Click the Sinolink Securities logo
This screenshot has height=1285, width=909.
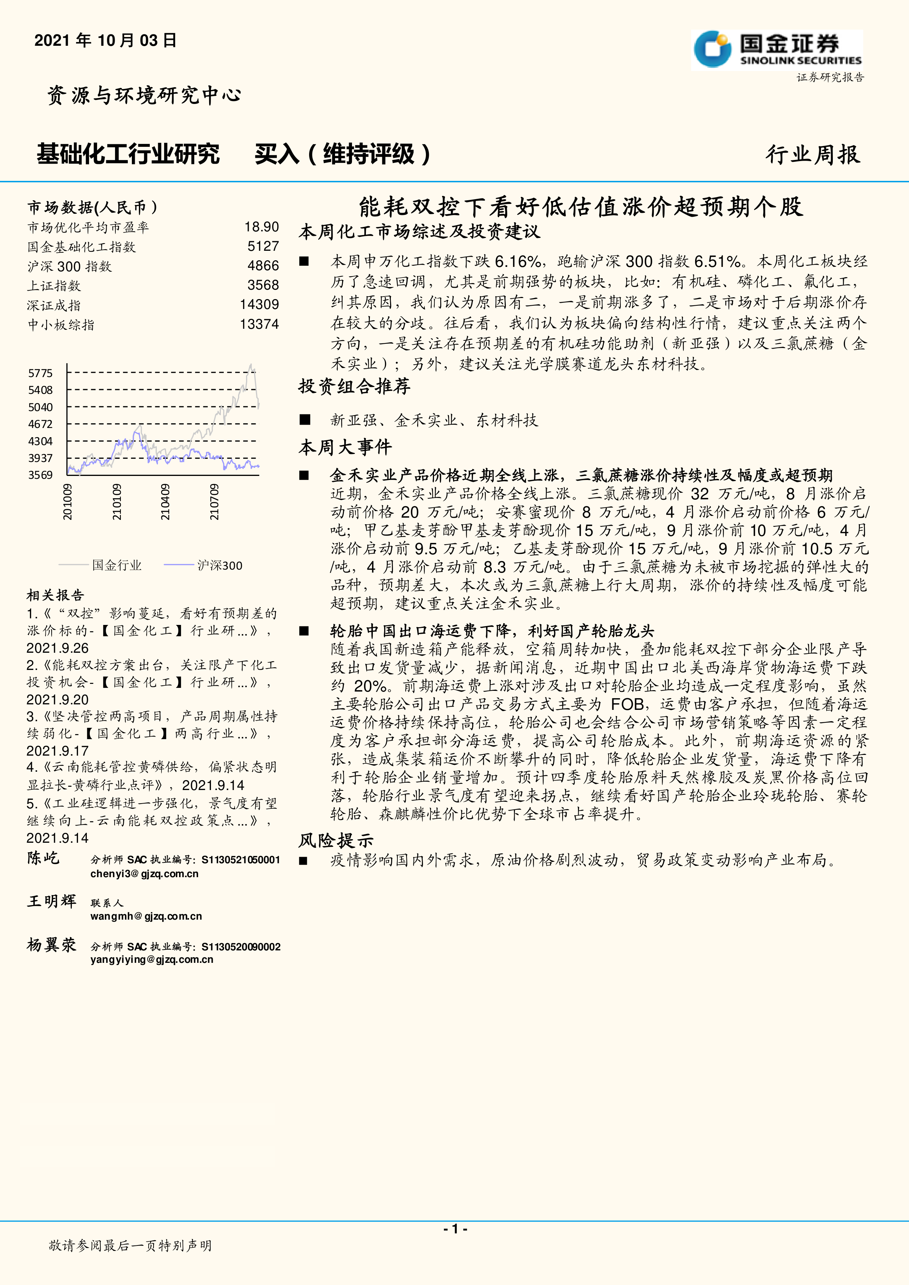pos(777,49)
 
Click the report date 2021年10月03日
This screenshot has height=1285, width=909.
pos(105,40)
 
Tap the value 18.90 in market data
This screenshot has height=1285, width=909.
pos(261,227)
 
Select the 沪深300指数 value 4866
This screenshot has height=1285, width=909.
pos(263,266)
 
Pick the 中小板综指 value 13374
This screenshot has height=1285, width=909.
pos(259,324)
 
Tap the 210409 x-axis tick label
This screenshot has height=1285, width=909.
pos(165,502)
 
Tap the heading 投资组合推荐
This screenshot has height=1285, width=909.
pos(354,386)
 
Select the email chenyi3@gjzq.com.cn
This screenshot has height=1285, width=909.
pos(144,874)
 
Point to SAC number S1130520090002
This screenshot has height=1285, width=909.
pos(241,946)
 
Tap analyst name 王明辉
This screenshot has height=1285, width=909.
pos(52,901)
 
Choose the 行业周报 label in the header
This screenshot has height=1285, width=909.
pos(813,154)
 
